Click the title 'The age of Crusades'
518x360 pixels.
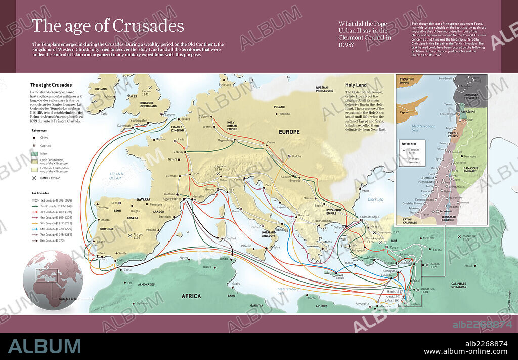pyautogui.click(x=107, y=26)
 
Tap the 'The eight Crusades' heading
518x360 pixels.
pyautogui.click(x=51, y=85)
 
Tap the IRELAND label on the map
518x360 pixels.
pyautogui.click(x=101, y=89)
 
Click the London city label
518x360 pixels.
pyautogui.click(x=169, y=115)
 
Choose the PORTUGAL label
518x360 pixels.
pyautogui.click(x=106, y=228)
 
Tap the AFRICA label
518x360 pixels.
pyautogui.click(x=191, y=296)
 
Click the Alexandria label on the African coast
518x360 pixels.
pyautogui.click(x=362, y=304)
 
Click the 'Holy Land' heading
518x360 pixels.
pyautogui.click(x=356, y=85)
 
